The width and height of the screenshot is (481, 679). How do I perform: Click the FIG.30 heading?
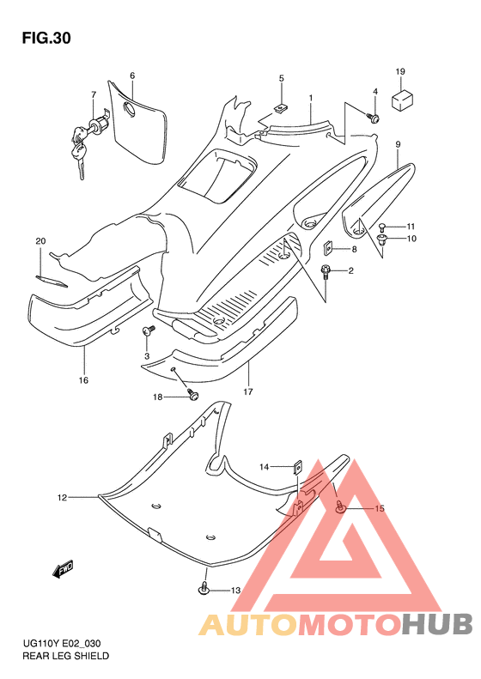pos(46,39)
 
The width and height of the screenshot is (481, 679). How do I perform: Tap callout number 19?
pos(400,71)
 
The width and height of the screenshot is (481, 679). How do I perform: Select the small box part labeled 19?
pos(402,100)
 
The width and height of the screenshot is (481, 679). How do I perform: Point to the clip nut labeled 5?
pos(282,107)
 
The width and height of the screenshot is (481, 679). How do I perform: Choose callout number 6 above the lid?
pos(132,76)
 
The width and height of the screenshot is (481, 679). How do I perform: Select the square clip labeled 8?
pos(327,249)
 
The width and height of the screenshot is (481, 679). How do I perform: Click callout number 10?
pos(411,239)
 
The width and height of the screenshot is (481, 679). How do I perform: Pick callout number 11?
pos(411,226)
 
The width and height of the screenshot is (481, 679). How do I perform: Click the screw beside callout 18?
pos(192,395)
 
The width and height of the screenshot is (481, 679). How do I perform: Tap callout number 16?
pos(83,380)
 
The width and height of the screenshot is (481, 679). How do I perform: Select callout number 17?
pos(248,392)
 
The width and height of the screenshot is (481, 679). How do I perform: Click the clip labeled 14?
pos(298,467)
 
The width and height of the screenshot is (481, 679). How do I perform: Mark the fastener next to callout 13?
pos(204,589)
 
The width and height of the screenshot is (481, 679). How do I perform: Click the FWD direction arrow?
pos(64,568)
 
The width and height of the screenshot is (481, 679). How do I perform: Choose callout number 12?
pos(62,498)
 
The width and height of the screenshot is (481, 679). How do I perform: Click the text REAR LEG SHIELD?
pos(66,656)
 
